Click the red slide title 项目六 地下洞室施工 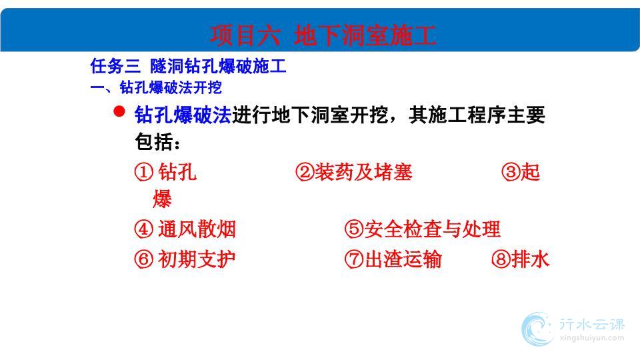tap(323, 35)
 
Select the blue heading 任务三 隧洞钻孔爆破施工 tap(188, 66)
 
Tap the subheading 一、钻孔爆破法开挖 tap(156, 87)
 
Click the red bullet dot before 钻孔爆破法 tap(119, 111)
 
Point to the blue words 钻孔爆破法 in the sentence tap(183, 115)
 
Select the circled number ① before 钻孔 tap(144, 172)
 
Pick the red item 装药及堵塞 tap(363, 172)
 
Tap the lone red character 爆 tap(162, 199)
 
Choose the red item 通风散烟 tap(197, 229)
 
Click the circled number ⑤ tap(354, 229)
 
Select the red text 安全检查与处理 tap(432, 229)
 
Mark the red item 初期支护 tap(197, 259)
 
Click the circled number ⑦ tap(354, 259)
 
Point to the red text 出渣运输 tap(403, 259)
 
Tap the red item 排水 tap(530, 259)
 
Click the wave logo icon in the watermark tap(537, 329)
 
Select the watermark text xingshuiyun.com tap(592, 338)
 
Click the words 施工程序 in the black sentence tap(467, 115)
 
